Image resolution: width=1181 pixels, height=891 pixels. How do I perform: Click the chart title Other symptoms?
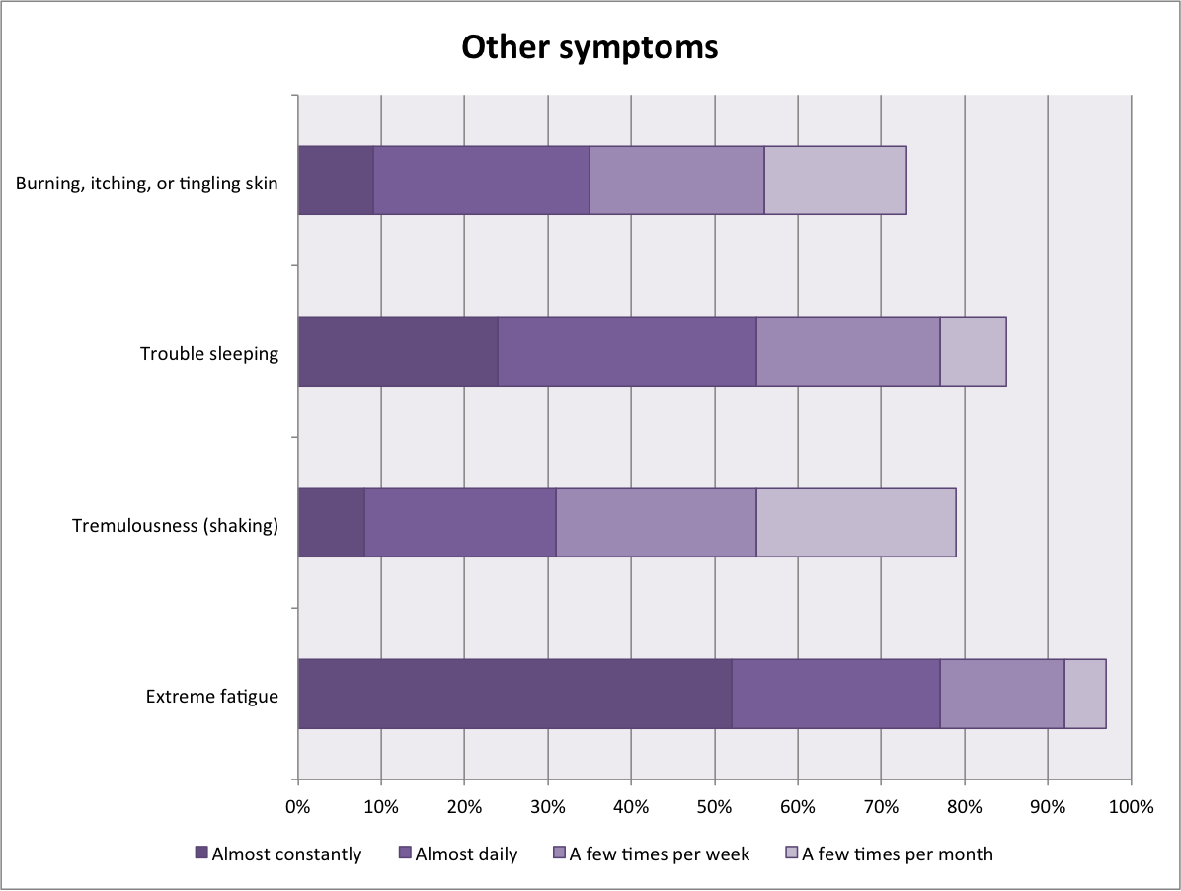pyautogui.click(x=590, y=46)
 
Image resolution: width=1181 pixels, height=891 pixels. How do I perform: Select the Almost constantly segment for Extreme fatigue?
pyautogui.click(x=514, y=694)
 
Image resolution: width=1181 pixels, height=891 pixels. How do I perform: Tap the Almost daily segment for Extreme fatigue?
pyautogui.click(x=835, y=694)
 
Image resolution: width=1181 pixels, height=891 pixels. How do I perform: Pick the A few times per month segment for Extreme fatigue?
pyautogui.click(x=1084, y=694)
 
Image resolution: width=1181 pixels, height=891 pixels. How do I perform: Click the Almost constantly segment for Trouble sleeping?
pyautogui.click(x=398, y=351)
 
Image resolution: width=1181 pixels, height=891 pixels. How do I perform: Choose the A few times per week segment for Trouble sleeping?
pyautogui.click(x=847, y=351)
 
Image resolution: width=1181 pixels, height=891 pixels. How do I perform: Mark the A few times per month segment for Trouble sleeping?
pyautogui.click(x=973, y=351)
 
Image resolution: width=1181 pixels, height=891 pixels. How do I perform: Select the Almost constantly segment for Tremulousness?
pyautogui.click(x=331, y=522)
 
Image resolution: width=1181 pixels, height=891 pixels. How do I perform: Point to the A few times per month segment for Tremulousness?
pyautogui.click(x=855, y=522)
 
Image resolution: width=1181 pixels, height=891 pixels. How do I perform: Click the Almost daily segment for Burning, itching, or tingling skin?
pyautogui.click(x=481, y=180)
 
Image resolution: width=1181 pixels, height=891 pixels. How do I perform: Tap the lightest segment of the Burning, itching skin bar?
pyautogui.click(x=834, y=180)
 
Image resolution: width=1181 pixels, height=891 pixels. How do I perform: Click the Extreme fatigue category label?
pyautogui.click(x=211, y=697)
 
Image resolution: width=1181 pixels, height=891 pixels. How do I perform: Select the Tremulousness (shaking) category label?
pyautogui.click(x=175, y=525)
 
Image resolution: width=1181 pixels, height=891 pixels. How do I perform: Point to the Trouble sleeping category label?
pyautogui.click(x=208, y=353)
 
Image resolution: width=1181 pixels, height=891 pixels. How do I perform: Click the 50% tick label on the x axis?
pyautogui.click(x=714, y=807)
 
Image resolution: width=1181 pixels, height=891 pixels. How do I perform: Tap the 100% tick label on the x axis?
pyautogui.click(x=1131, y=807)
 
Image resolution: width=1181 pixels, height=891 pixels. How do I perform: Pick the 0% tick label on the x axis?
pyautogui.click(x=298, y=807)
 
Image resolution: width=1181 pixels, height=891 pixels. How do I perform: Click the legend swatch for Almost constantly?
pyautogui.click(x=201, y=853)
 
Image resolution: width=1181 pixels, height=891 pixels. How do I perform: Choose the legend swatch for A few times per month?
pyautogui.click(x=791, y=853)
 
